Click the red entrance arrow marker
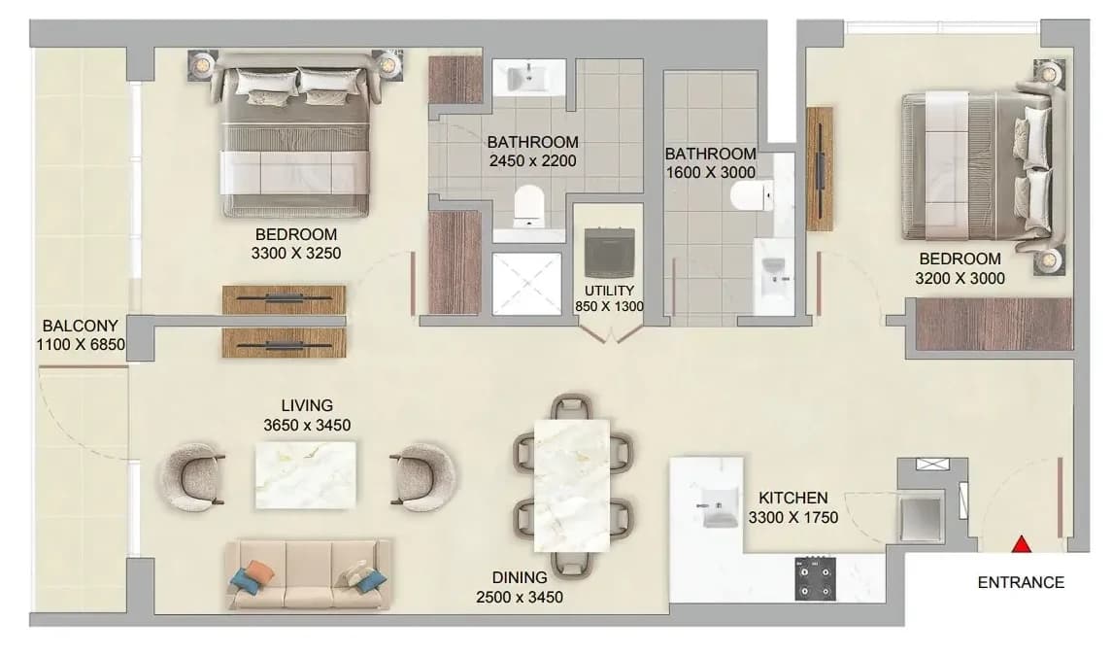point(1021,544)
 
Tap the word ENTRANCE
point(1021,583)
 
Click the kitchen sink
point(718,507)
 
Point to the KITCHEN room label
point(792,498)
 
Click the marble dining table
point(572,486)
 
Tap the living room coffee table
point(306,475)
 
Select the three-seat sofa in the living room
point(309,574)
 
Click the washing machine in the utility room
point(609,253)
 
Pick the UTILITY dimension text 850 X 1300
point(609,307)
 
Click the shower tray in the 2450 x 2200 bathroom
point(526,283)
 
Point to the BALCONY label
point(81,326)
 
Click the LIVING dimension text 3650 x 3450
point(307,426)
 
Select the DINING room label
point(520,578)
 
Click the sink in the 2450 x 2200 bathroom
point(528,77)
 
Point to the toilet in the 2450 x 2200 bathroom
point(527,203)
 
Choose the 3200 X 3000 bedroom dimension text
point(960,279)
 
